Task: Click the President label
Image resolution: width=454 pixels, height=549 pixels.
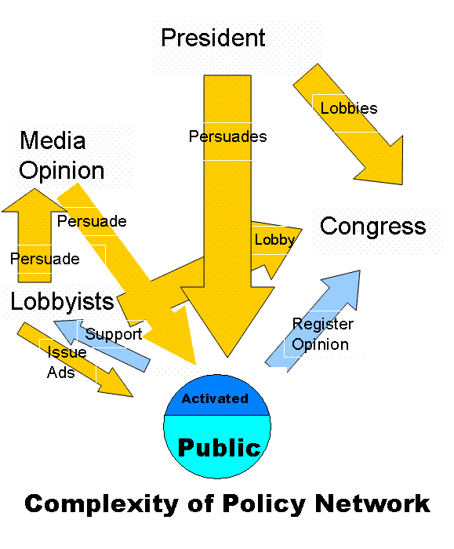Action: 212,38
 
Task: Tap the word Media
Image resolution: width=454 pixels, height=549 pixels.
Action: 53,140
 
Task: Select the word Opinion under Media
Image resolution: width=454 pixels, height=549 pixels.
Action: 62,172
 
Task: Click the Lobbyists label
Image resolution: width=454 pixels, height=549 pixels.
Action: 62,301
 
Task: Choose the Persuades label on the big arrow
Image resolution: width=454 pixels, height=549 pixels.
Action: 228,136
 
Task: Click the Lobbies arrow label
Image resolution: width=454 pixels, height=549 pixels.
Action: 349,108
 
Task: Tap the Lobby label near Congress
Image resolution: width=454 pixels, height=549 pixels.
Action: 274,240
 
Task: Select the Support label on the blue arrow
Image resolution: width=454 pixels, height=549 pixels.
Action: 114,334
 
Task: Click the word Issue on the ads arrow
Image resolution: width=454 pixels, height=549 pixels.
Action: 67,352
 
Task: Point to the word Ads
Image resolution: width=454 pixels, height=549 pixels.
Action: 61,373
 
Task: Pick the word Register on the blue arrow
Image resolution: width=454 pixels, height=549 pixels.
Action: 323,324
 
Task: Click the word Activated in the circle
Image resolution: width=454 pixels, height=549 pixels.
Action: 215,398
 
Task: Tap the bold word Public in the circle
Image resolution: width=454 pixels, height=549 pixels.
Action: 219,448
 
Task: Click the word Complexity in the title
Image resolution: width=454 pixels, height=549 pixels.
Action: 102,504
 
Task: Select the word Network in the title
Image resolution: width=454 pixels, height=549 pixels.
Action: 372,504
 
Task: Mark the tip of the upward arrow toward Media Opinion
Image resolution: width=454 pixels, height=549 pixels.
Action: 35,189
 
